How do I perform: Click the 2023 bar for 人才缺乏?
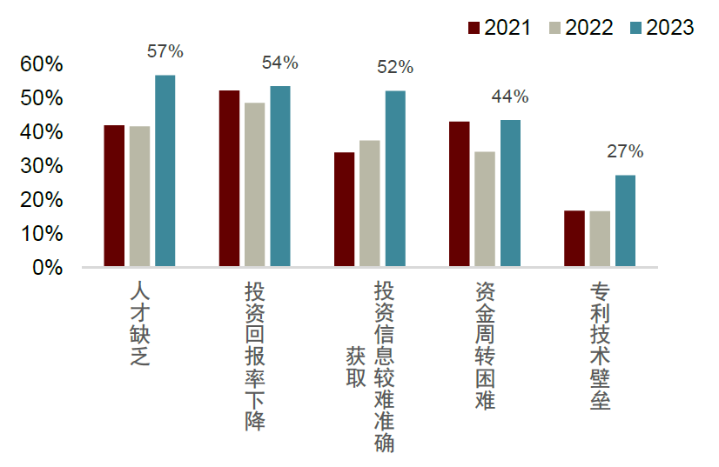(x=165, y=170)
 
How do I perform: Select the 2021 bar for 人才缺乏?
(x=114, y=196)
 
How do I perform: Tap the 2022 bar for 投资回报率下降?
(x=255, y=184)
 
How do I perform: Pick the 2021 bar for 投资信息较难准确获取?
(x=345, y=209)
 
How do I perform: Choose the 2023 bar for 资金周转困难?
(x=510, y=193)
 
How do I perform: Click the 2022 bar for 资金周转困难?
(x=485, y=209)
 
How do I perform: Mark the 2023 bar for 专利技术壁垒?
(x=625, y=221)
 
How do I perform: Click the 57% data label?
(x=165, y=51)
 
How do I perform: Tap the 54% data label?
(x=280, y=63)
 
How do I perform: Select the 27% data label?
(x=625, y=152)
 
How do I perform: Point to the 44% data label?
(x=510, y=97)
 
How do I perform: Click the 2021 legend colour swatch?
(x=475, y=28)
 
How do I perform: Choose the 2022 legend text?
(x=588, y=28)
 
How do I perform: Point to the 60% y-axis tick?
(x=42, y=64)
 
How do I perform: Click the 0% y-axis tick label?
(x=48, y=268)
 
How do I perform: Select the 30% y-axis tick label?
(x=42, y=166)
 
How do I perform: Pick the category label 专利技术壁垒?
(x=600, y=346)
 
